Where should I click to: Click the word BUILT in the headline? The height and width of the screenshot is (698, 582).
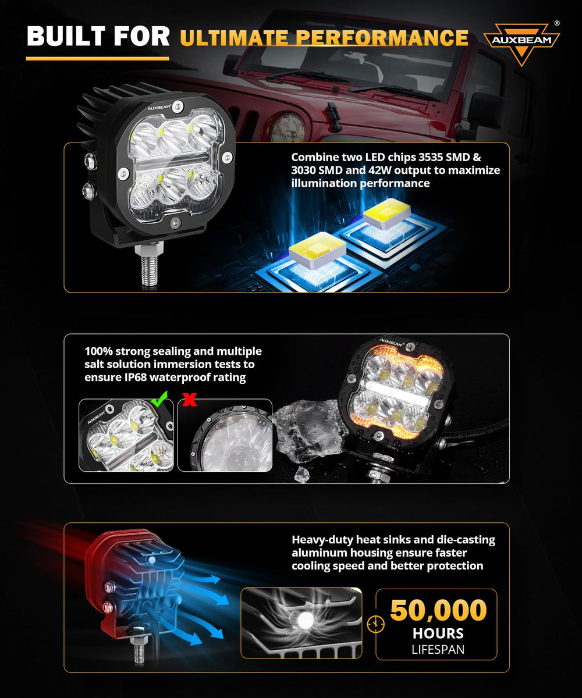[x=66, y=36]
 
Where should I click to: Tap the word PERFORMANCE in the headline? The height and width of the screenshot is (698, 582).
[x=382, y=37]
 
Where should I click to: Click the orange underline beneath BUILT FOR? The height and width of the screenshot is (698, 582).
[x=97, y=59]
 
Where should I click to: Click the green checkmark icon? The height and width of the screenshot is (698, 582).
[x=159, y=399]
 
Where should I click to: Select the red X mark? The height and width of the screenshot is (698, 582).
[x=189, y=399]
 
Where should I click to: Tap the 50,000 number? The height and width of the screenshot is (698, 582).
[x=438, y=610]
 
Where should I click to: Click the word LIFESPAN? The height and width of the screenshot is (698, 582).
[x=438, y=650]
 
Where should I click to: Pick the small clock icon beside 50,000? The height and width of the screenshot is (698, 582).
[x=375, y=624]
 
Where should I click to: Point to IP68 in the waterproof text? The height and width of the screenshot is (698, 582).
[x=135, y=377]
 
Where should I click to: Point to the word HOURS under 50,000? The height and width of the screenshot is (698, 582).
[x=438, y=633]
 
